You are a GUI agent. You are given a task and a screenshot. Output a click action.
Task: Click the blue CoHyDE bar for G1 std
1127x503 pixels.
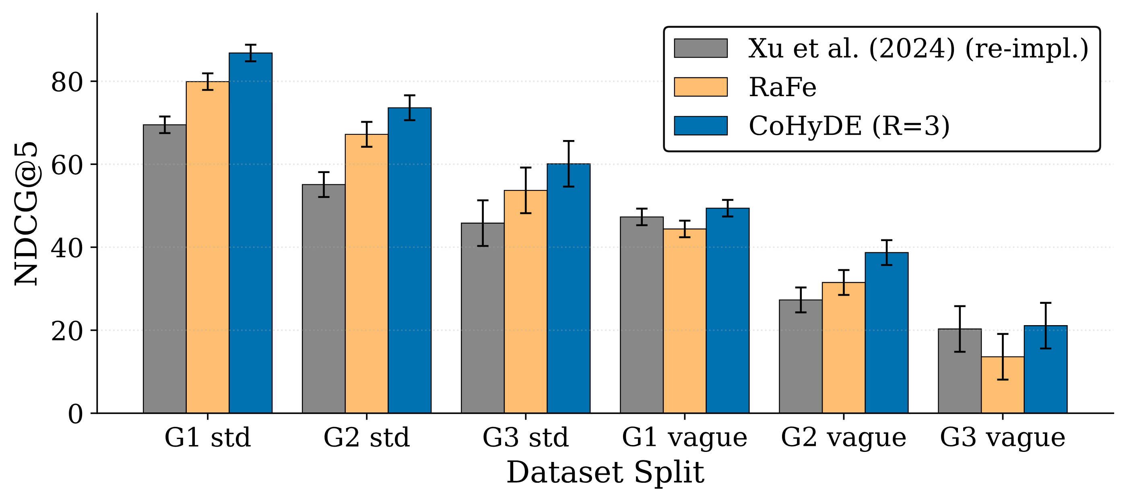pyautogui.click(x=251, y=233)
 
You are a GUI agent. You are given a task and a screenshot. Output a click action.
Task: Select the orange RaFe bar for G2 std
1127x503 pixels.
pyautogui.click(x=367, y=273)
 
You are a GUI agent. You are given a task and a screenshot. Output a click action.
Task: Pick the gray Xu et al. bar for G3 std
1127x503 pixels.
pyautogui.click(x=483, y=318)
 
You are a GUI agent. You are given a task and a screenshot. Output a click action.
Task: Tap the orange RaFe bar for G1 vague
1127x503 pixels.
pyautogui.click(x=685, y=321)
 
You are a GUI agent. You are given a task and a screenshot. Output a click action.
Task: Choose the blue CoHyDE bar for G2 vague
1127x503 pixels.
pyautogui.click(x=887, y=332)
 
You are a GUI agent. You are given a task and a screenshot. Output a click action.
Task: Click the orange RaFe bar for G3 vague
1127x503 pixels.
pyautogui.click(x=1003, y=385)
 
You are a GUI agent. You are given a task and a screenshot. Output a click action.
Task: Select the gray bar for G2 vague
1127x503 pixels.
pyautogui.click(x=801, y=357)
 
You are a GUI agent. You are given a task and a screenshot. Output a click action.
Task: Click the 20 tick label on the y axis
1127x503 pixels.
pyautogui.click(x=66, y=331)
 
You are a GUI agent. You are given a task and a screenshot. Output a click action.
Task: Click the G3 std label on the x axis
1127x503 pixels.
pyautogui.click(x=525, y=437)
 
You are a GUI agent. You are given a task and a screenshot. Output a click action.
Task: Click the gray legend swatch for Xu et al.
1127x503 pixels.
pyautogui.click(x=701, y=48)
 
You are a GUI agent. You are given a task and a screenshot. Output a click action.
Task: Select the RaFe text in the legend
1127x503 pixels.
pyautogui.click(x=783, y=87)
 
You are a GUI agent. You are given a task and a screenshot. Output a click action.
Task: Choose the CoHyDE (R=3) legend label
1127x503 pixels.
pyautogui.click(x=849, y=126)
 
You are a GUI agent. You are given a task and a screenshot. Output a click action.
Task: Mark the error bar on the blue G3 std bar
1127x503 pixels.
pyautogui.click(x=568, y=164)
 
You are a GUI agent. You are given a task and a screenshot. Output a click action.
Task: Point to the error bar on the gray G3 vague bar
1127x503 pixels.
pyautogui.click(x=960, y=329)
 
